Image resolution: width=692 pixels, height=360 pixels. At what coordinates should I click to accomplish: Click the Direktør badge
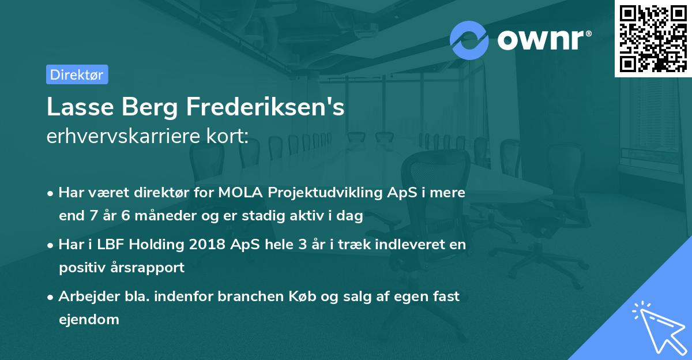pos(77,74)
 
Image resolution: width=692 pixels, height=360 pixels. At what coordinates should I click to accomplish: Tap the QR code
pos(653,38)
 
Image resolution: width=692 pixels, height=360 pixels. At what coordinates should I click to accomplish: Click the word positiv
pos(80,268)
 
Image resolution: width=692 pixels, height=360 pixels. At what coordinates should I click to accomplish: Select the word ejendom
pos(89,319)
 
